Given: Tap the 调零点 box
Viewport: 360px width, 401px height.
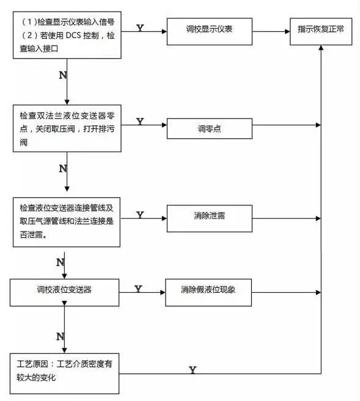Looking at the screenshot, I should (208, 128).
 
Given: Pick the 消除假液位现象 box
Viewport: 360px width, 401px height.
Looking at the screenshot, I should (208, 289).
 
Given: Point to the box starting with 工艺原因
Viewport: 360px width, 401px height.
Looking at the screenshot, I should (64, 370).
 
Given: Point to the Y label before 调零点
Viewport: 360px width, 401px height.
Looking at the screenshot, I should (140, 122).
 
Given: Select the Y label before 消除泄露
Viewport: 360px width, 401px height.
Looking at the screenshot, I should (140, 215).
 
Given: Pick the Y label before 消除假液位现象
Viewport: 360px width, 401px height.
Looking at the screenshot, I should (138, 289).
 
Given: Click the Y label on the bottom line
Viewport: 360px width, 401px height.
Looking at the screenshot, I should (193, 370).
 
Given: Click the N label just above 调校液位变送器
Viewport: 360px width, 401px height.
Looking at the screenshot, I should (60, 262).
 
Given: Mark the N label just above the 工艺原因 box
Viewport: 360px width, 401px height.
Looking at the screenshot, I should (60, 336).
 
